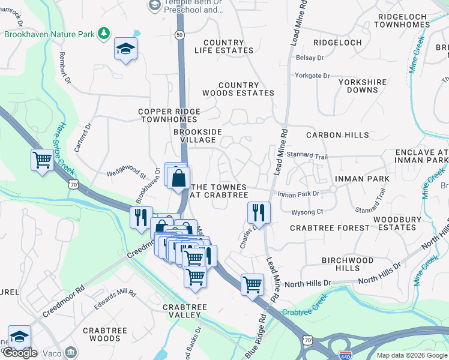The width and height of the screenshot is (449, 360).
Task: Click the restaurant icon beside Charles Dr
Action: (258, 211)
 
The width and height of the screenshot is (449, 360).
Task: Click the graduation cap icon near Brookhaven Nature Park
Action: (126, 49)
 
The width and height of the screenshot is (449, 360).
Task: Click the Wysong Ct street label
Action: (307, 211)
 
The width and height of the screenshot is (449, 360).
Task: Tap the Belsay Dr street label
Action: (310, 58)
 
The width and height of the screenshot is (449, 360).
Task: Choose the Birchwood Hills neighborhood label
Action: (348, 264)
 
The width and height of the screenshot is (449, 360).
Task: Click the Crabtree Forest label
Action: (330, 228)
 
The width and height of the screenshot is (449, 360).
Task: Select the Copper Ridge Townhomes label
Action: (168, 115)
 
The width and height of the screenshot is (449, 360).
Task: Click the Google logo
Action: (20, 353)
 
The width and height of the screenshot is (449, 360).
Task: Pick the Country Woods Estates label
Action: (238, 89)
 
